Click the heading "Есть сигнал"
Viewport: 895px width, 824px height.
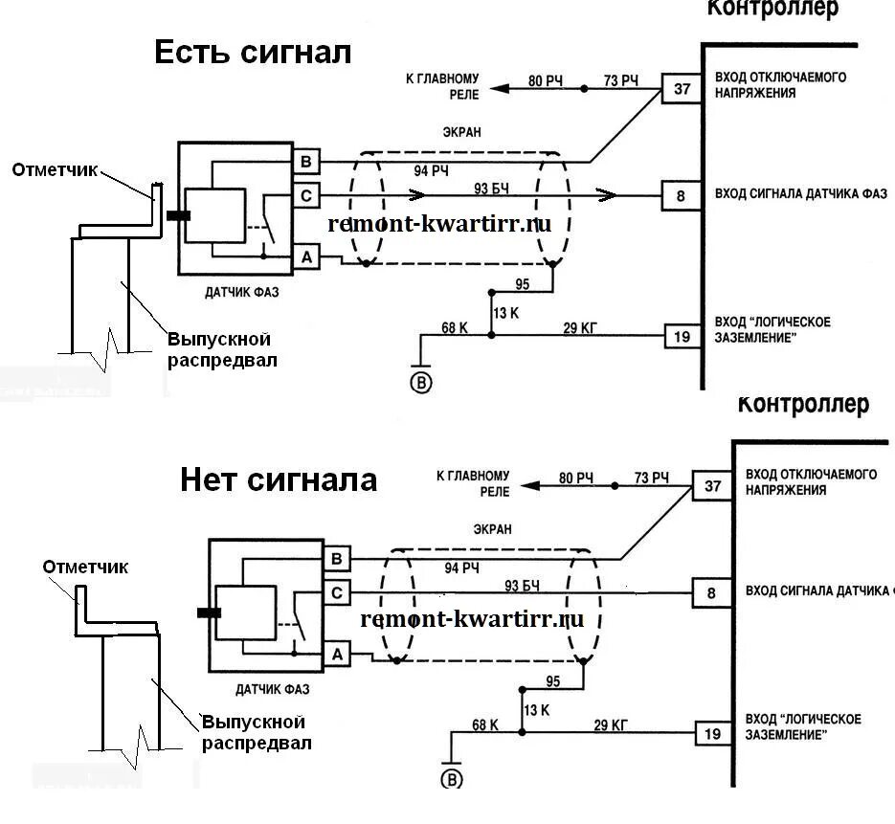pyautogui.click(x=253, y=52)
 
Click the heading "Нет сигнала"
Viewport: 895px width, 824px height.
pyautogui.click(x=279, y=479)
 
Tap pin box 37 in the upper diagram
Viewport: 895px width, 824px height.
pyautogui.click(x=682, y=90)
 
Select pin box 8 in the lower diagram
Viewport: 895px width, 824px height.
pyautogui.click(x=711, y=593)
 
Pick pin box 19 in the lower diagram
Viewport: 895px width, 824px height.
pyautogui.click(x=711, y=734)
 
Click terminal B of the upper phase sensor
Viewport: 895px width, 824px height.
pyautogui.click(x=306, y=161)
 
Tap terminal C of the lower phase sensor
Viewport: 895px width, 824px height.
pyautogui.click(x=337, y=593)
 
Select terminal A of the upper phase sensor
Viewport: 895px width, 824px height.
pyautogui.click(x=306, y=256)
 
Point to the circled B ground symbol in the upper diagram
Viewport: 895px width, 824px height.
pyautogui.click(x=421, y=383)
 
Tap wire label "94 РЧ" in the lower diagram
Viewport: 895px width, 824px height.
pyautogui.click(x=462, y=568)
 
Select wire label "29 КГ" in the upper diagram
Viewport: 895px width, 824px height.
pyautogui.click(x=579, y=328)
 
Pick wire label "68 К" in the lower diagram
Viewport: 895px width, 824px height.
pyautogui.click(x=485, y=724)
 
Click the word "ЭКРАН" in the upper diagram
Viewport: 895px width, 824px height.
pyautogui.click(x=462, y=133)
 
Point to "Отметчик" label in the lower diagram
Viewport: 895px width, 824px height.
pyautogui.click(x=85, y=567)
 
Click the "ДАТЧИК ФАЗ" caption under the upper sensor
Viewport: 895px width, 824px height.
pyautogui.click(x=242, y=292)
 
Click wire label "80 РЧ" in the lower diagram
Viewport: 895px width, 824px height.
pyautogui.click(x=577, y=478)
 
